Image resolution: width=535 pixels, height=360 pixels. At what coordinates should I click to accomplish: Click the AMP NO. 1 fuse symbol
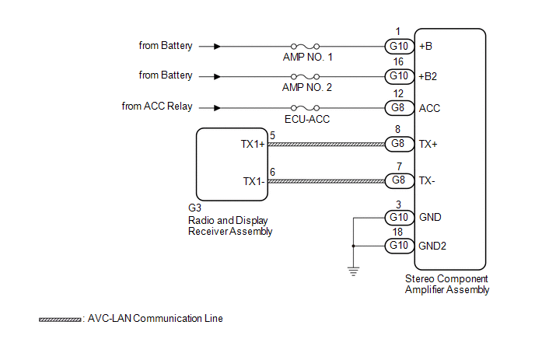pos(305,46)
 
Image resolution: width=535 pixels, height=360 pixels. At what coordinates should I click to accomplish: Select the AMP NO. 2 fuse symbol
pos(305,76)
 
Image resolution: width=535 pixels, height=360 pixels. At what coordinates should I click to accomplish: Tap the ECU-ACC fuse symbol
pos(305,108)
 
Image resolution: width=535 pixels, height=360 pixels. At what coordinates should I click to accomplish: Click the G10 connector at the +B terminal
pos(399,46)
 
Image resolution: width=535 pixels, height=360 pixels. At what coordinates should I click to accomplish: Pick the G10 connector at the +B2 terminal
pos(399,76)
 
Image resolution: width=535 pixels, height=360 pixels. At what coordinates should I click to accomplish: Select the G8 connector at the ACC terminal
pos(399,108)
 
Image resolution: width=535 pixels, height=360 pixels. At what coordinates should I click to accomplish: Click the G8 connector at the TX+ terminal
pos(399,144)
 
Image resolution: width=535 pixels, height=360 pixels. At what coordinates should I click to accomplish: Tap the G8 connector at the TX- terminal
pos(399,180)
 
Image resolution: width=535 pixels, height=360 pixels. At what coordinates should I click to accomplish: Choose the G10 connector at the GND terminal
pos(399,218)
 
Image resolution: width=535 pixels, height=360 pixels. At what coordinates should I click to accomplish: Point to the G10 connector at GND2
pos(399,246)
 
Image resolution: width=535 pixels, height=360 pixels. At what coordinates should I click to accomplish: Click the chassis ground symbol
pos(354,271)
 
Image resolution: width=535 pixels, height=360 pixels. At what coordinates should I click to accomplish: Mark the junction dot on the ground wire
pos(354,246)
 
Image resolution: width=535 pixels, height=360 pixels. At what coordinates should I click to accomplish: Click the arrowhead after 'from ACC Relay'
pos(217,108)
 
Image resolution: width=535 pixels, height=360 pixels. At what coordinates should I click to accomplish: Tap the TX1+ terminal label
pos(253,144)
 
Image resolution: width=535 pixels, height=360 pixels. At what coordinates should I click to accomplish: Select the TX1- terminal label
pos(254,181)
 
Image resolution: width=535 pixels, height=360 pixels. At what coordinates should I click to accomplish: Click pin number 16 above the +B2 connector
pos(398,61)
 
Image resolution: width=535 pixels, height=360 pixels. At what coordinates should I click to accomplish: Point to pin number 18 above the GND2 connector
pos(397,232)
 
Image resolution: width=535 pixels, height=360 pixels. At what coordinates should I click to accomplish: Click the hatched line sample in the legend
pos(60,320)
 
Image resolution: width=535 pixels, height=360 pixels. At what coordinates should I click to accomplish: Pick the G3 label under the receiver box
pos(194,208)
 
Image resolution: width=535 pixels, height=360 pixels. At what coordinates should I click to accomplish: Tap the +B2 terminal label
pos(428,76)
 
